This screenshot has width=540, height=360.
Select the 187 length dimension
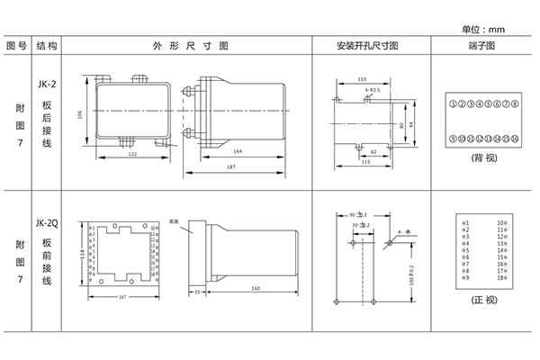(231, 167)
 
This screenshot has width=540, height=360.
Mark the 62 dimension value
(373, 151)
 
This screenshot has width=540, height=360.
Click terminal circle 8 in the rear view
(516, 105)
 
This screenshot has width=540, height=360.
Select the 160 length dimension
(256, 288)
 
